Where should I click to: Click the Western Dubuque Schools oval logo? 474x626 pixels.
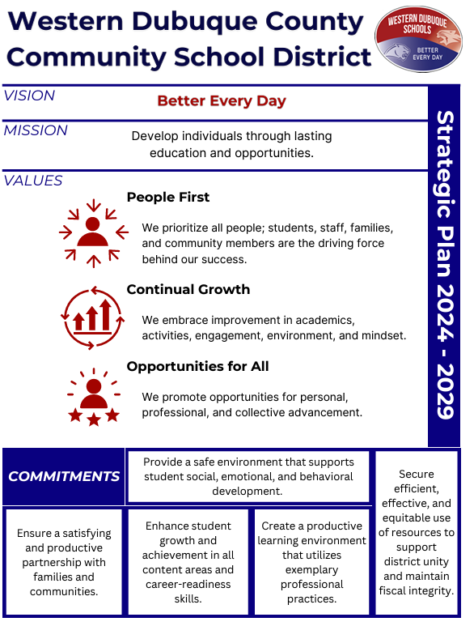[x=418, y=39]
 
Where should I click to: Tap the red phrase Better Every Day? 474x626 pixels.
[x=222, y=101]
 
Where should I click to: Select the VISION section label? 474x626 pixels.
[x=29, y=96]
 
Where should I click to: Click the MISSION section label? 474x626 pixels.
[x=36, y=130]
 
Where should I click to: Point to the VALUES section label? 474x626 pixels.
[x=33, y=181]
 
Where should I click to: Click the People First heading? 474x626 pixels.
[x=167, y=198]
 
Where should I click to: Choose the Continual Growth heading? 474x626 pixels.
[x=188, y=289]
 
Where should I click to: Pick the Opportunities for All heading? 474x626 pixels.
[x=197, y=367]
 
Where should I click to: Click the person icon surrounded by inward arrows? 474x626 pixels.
[x=93, y=233]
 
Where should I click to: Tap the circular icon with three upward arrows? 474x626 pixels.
[x=93, y=317]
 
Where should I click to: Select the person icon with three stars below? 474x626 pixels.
[x=94, y=397]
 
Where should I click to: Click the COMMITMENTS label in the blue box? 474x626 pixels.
[x=64, y=476]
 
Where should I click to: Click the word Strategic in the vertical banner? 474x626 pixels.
[x=445, y=164]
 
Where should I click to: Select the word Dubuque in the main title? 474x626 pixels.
[x=195, y=22]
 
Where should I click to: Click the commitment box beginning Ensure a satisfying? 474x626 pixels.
[x=64, y=562]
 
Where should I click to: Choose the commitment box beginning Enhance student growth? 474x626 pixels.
[x=188, y=562]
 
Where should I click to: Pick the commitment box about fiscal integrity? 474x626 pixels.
[x=417, y=533]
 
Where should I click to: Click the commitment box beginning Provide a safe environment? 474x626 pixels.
[x=248, y=477]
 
